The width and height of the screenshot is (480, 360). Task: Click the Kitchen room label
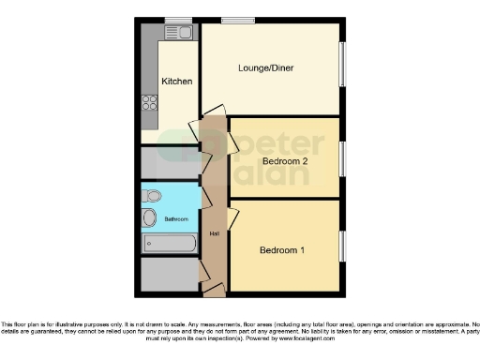click(177, 82)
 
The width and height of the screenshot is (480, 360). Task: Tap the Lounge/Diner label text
click(268, 67)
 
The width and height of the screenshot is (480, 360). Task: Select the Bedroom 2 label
click(285, 161)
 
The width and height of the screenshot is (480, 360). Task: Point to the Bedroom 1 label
click(283, 250)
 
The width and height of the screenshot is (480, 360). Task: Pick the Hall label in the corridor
click(214, 233)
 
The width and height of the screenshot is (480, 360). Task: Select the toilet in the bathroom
click(154, 196)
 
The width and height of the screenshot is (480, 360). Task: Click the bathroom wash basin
click(150, 218)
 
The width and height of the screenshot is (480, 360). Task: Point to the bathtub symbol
click(170, 244)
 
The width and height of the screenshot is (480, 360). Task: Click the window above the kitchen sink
click(177, 20)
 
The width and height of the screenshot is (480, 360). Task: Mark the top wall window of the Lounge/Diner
click(238, 20)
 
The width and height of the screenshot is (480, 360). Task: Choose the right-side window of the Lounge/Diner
click(341, 66)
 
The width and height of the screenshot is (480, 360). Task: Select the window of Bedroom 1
click(341, 246)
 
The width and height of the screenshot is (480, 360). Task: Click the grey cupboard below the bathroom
click(169, 275)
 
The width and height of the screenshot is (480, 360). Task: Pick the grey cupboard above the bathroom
click(169, 163)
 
